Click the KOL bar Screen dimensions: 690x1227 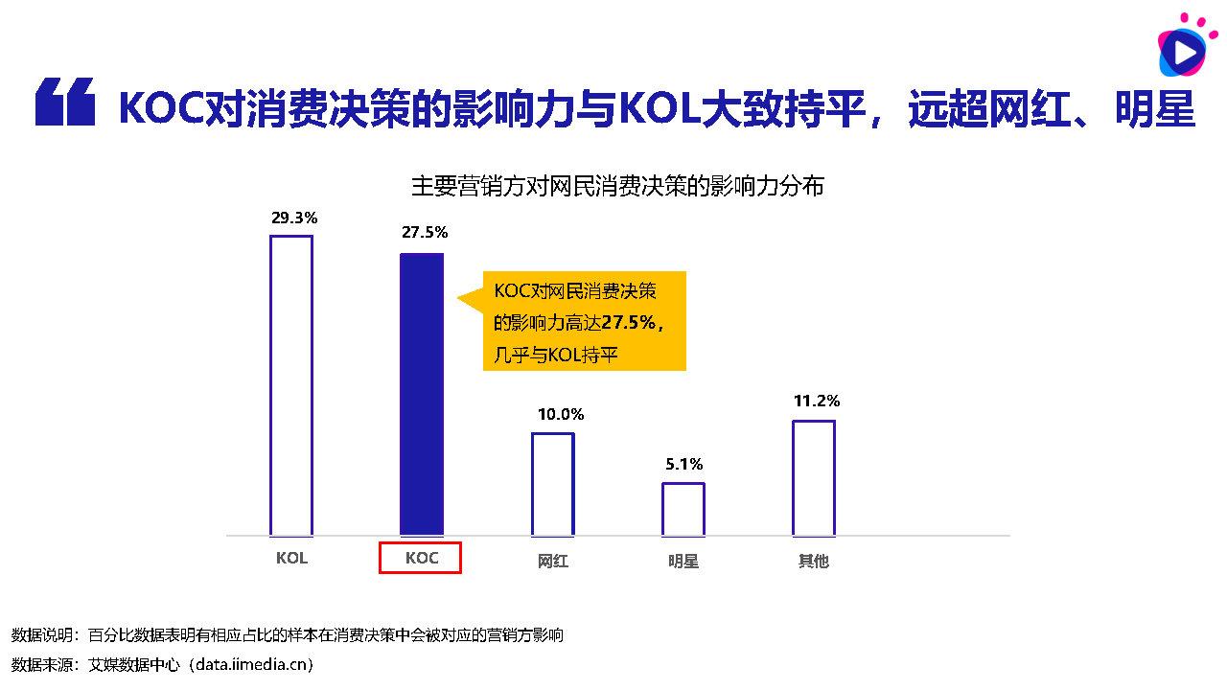point(291,385)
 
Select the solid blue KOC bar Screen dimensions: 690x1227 point(422,394)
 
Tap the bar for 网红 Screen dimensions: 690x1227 point(553,484)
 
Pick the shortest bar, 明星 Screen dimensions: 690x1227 point(683,509)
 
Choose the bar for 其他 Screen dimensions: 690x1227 point(814,477)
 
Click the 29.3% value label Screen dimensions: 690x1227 point(294,218)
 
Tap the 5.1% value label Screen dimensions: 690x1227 point(684,464)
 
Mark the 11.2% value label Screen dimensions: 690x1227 point(817,401)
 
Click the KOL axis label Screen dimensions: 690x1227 point(291,558)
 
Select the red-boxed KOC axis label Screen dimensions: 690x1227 point(421,558)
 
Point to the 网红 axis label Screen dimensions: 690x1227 point(553,561)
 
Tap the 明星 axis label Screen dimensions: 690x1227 point(683,561)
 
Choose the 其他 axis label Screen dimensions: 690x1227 point(814,561)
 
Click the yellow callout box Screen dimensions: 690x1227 point(584,320)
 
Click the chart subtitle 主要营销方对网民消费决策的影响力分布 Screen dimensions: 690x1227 point(617,186)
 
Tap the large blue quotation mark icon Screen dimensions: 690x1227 point(65,103)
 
